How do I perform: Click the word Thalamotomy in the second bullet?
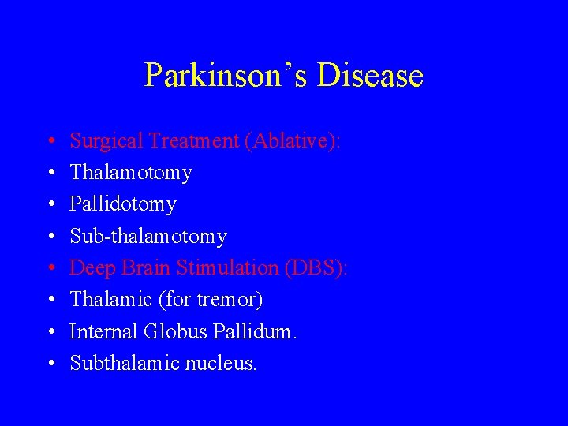click(131, 173)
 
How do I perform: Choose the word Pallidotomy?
click(123, 204)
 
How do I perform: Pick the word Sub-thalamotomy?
click(148, 237)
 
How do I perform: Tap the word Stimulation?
click(227, 268)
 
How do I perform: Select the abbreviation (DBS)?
click(316, 268)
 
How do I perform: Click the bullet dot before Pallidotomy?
click(49, 205)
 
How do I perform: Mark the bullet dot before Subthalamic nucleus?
click(49, 364)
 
